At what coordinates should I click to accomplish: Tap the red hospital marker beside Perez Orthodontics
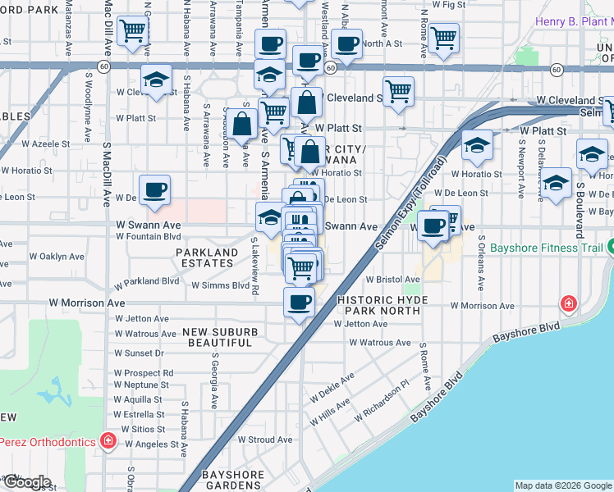pos(108,441)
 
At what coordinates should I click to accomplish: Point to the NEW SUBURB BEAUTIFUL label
pos(220,337)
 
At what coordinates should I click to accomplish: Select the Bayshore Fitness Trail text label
pos(547,248)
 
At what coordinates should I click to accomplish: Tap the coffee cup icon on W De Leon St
pos(154,190)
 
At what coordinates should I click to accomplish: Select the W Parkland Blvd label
pos(146,281)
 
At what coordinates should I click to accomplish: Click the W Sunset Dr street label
pos(139,353)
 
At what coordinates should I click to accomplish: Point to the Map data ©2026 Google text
pos(562,485)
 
